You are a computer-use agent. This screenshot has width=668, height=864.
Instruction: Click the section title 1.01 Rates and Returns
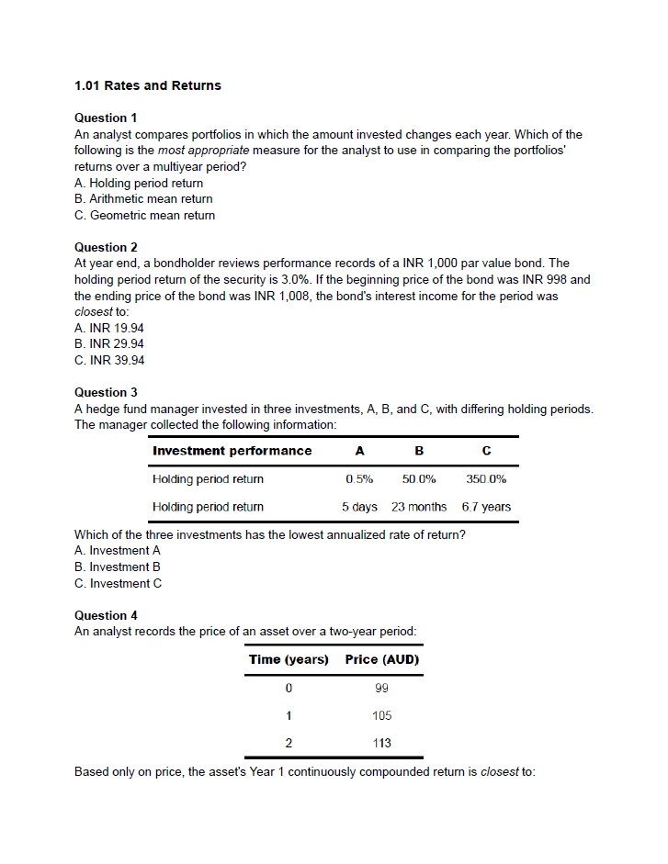coord(147,85)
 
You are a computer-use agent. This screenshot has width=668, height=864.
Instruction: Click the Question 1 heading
coord(106,118)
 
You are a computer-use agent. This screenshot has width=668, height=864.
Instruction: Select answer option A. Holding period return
coord(139,183)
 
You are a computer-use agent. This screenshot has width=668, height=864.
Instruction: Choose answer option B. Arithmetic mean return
coord(143,199)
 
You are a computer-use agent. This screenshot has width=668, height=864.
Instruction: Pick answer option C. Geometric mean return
coord(144,216)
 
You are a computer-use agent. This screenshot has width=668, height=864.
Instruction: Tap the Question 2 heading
coord(106,247)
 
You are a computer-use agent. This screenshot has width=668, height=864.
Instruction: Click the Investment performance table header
coord(232,451)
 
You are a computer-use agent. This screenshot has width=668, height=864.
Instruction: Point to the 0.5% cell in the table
coord(359,479)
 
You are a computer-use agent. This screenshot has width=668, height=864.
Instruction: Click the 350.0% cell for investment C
coord(486,479)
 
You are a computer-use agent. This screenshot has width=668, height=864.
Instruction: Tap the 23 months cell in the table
coord(419,507)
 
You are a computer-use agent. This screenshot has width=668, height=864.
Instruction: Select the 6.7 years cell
coord(486,507)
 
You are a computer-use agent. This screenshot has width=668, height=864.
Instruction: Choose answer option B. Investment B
coord(118,567)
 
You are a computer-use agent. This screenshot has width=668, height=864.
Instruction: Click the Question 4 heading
coord(106,615)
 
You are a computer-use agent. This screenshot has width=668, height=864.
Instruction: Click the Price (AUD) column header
coord(382,660)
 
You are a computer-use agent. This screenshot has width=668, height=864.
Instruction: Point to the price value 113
coord(382,743)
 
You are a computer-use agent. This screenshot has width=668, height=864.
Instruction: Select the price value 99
coord(382,688)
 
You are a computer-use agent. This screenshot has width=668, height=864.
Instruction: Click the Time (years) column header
coord(289,660)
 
